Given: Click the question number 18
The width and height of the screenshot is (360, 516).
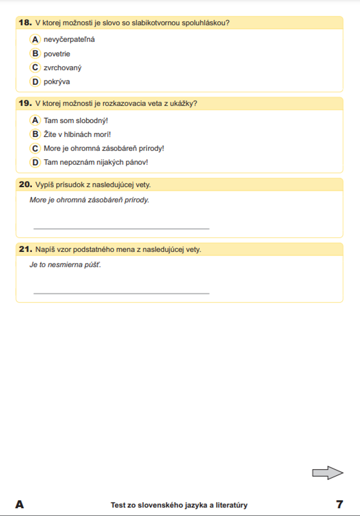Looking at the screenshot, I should pyautogui.click(x=25, y=23).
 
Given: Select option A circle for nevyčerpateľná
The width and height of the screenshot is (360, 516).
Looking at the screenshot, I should pyautogui.click(x=35, y=39).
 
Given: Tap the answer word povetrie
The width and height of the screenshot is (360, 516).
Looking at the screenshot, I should pyautogui.click(x=57, y=54).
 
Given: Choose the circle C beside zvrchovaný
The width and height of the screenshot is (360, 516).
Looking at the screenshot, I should pyautogui.click(x=35, y=67).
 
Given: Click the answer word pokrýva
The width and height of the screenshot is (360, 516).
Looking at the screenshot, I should pyautogui.click(x=57, y=82).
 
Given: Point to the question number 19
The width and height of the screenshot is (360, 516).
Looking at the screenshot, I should pyautogui.click(x=25, y=103).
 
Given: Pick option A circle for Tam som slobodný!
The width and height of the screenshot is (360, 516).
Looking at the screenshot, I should pyautogui.click(x=35, y=120).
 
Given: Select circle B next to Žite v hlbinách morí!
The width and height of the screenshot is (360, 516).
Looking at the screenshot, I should pyautogui.click(x=35, y=134).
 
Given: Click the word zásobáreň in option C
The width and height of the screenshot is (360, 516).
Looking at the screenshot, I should pyautogui.click(x=120, y=148).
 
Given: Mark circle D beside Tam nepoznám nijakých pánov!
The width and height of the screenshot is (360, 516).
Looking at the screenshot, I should pyautogui.click(x=35, y=162).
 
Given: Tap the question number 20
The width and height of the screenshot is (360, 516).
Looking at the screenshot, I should pyautogui.click(x=25, y=184).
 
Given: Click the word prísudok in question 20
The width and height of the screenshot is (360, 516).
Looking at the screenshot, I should pyautogui.click(x=70, y=185).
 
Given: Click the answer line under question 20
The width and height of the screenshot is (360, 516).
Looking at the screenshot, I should pyautogui.click(x=121, y=228).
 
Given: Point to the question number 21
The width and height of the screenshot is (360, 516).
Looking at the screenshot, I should pyautogui.click(x=25, y=249).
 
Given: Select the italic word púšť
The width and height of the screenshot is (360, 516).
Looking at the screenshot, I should pyautogui.click(x=93, y=265).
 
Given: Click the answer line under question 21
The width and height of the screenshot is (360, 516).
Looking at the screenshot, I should pyautogui.click(x=121, y=293).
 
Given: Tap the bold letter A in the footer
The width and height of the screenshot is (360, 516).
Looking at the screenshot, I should pyautogui.click(x=20, y=504).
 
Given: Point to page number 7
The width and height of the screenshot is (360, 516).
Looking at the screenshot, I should pyautogui.click(x=339, y=504).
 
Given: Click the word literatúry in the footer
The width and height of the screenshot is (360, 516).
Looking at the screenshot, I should pyautogui.click(x=231, y=505).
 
